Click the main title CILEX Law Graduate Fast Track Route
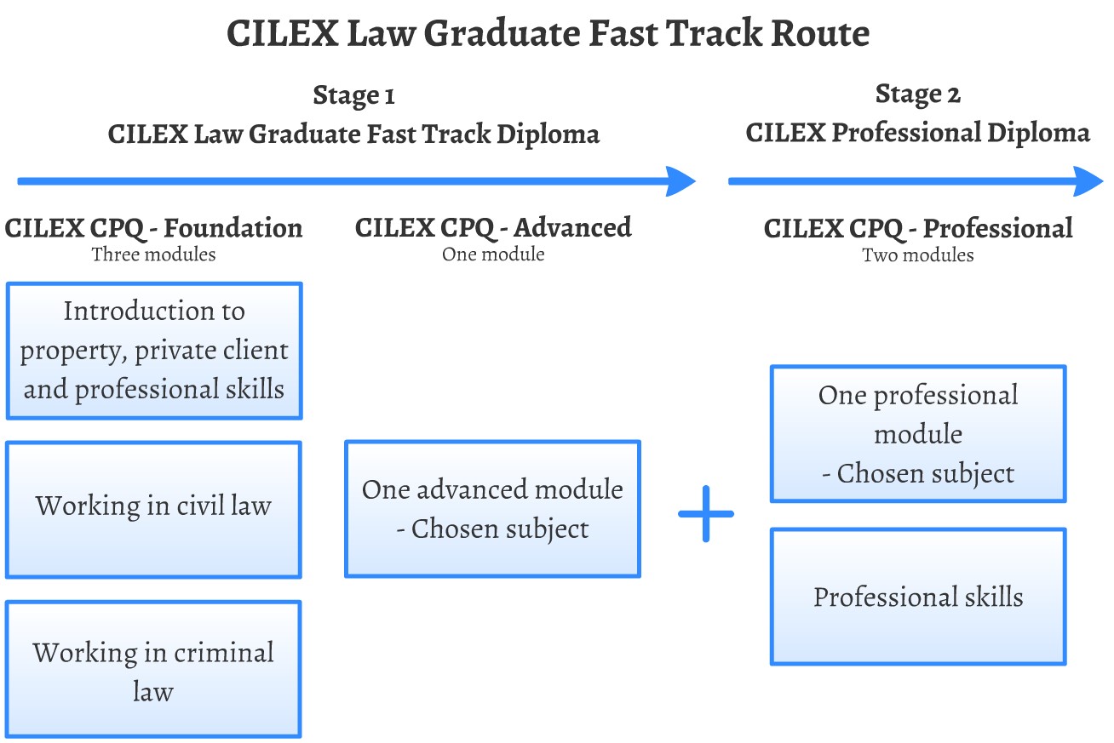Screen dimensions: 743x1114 point(548,34)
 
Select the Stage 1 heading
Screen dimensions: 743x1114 point(353,94)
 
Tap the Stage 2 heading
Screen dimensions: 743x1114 point(917,94)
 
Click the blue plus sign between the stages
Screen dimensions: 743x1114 point(706,514)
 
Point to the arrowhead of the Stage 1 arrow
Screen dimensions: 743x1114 point(681,181)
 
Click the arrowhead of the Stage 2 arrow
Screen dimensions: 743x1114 point(1088,181)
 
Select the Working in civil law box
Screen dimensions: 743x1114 point(153,508)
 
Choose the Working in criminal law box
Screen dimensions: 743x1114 point(153,669)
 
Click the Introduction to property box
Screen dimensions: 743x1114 point(154,351)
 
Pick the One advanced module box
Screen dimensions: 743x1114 point(492,509)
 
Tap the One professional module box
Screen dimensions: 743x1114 point(917,434)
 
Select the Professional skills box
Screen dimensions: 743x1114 point(917,597)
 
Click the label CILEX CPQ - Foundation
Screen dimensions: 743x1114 point(153,228)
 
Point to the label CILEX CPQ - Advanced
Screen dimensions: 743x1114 point(493,228)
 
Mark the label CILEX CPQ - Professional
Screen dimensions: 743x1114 point(917,229)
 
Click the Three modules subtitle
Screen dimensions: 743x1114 point(153,254)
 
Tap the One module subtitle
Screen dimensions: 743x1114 point(493,254)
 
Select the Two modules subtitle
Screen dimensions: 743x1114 point(917,255)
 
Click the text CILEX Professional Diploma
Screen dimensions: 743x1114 point(917,134)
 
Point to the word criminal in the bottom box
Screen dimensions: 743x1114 point(224,653)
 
